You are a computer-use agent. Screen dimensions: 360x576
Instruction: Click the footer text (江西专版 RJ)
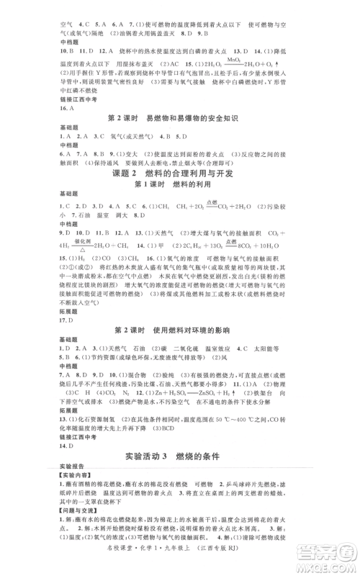267,567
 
